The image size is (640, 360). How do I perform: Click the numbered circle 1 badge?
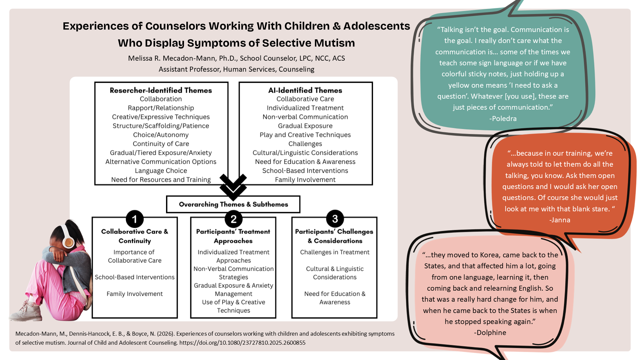pos(135,219)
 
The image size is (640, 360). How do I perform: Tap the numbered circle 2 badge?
pos(233,219)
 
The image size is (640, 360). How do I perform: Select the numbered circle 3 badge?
pos(335,219)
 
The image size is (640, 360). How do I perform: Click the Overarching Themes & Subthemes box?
pos(233,204)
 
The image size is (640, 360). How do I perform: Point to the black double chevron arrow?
pos(233,187)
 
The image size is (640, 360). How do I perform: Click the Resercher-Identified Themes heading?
pos(161,90)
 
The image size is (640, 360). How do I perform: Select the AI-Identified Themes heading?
pos(305,90)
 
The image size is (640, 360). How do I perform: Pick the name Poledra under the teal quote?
pos(503,119)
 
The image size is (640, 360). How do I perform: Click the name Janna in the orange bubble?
pos(560,220)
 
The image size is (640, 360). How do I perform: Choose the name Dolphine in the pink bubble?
pos(490,333)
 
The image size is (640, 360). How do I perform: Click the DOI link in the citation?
pos(242,343)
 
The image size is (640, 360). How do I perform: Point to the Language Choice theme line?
pos(161,171)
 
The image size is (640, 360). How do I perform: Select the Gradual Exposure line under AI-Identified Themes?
pos(305,126)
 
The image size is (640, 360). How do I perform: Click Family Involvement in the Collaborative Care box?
pos(135,294)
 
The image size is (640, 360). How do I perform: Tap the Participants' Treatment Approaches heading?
pos(233,236)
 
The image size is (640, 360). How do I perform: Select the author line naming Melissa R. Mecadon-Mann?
pos(236,58)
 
